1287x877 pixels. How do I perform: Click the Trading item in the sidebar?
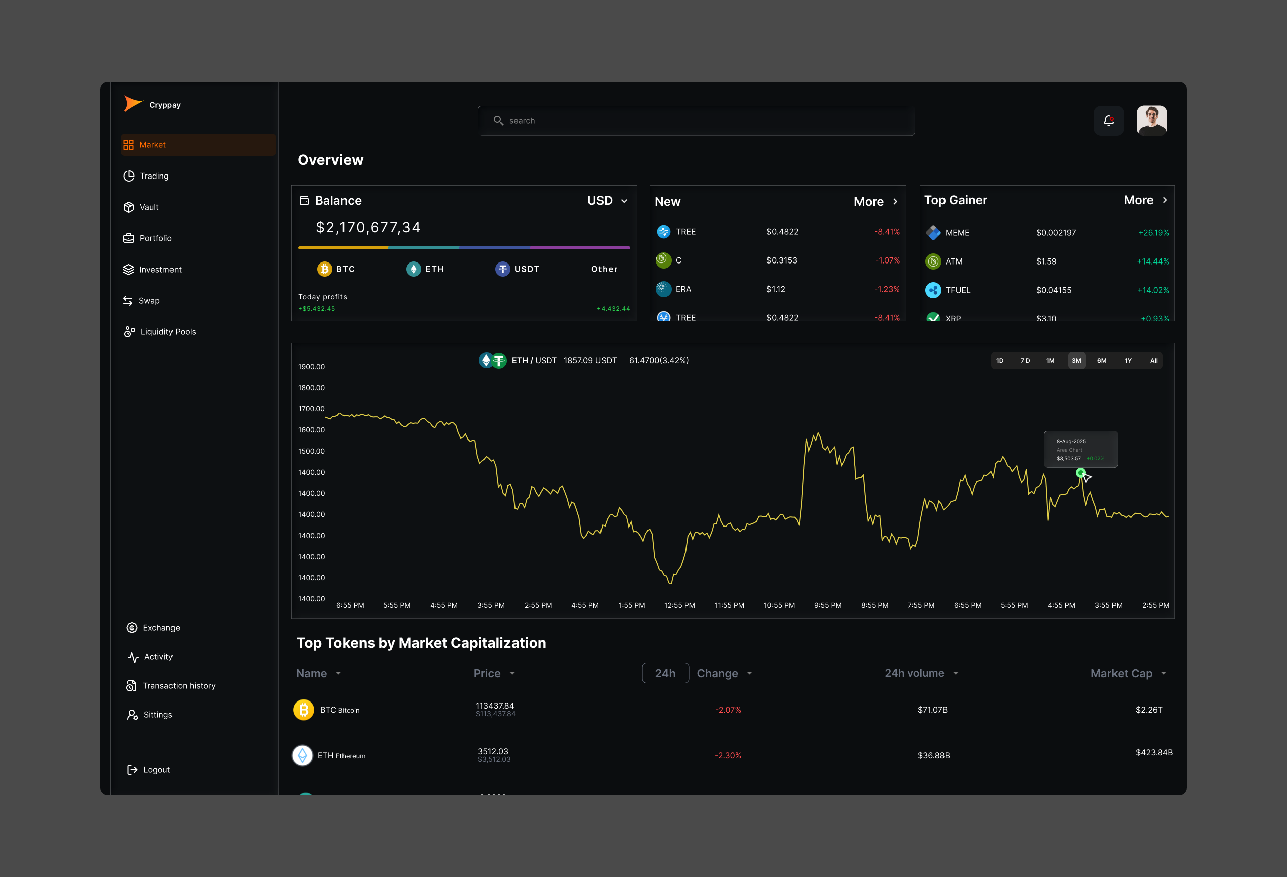point(153,176)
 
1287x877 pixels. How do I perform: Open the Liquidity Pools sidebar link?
point(167,332)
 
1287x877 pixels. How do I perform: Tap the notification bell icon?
point(1108,120)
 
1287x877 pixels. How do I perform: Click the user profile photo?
point(1151,120)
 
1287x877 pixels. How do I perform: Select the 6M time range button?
point(1101,361)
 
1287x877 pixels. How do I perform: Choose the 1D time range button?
point(1000,361)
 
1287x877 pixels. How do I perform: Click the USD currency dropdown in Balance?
point(607,201)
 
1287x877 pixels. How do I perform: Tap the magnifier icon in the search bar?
point(498,120)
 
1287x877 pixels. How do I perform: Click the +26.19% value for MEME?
point(1153,232)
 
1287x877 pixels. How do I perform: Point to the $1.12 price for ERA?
point(776,289)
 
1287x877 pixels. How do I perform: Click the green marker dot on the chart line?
point(1080,473)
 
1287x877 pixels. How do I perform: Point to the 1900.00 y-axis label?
point(311,367)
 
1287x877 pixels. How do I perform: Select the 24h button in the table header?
point(665,673)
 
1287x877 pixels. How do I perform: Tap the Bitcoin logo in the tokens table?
point(303,709)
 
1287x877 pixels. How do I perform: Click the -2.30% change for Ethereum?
point(728,755)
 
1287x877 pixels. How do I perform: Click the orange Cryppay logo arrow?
point(133,104)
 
